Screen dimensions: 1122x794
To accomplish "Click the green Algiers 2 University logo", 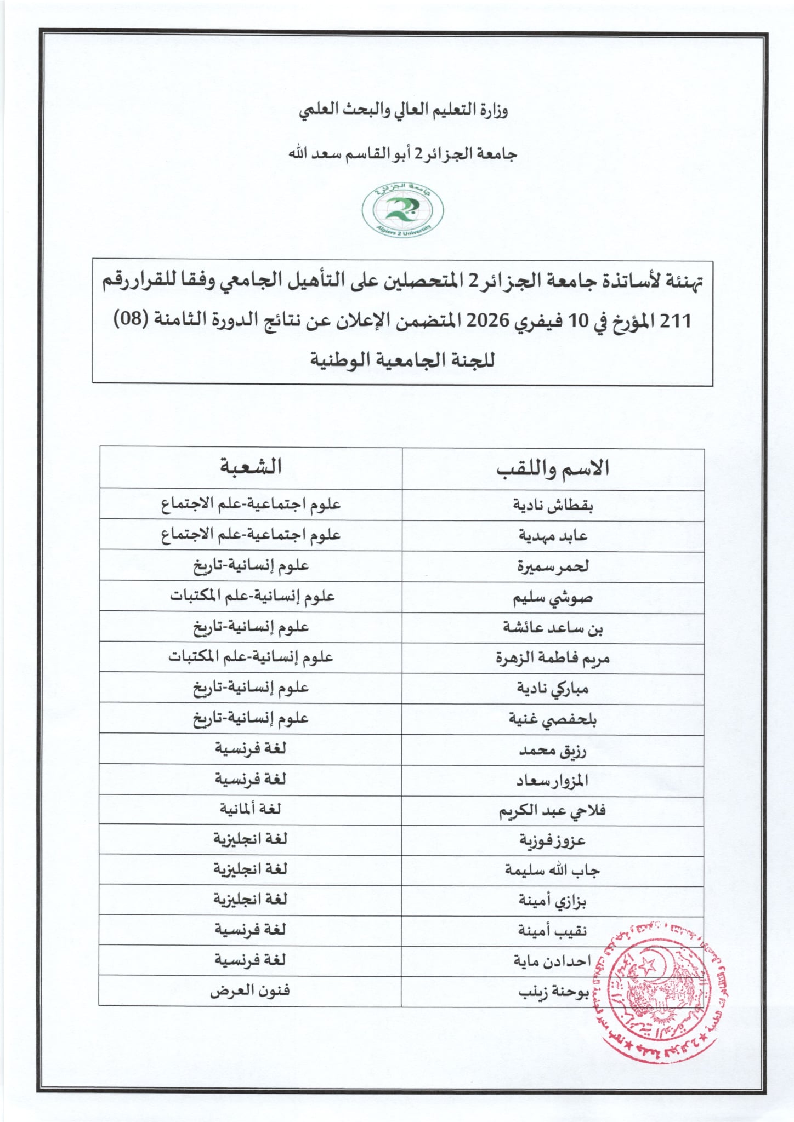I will pyautogui.click(x=402, y=210).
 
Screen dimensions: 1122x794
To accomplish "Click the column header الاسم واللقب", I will pyautogui.click(x=553, y=468).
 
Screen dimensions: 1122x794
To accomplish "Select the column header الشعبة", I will pyautogui.click(x=251, y=467).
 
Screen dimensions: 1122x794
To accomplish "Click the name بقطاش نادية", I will pyautogui.click(x=553, y=505).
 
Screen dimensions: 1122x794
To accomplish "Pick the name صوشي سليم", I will pyautogui.click(x=553, y=597).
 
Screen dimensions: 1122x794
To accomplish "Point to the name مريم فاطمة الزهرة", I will pyautogui.click(x=553, y=657).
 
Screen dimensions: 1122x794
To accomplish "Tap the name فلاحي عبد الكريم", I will pyautogui.click(x=552, y=811).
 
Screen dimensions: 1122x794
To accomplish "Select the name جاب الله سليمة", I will pyautogui.click(x=552, y=871).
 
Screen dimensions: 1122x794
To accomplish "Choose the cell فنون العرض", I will pyautogui.click(x=250, y=991).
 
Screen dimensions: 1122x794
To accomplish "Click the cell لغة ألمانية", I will pyautogui.click(x=250, y=809).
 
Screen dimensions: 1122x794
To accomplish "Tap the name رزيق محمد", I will pyautogui.click(x=553, y=750).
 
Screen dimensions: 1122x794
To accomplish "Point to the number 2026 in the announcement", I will pyautogui.click(x=488, y=320).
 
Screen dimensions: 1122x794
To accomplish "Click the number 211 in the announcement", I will pyautogui.click(x=676, y=320).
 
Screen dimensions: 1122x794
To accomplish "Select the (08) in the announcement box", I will pyautogui.click(x=130, y=319).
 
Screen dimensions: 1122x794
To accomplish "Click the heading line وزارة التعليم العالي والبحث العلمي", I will pyautogui.click(x=403, y=110).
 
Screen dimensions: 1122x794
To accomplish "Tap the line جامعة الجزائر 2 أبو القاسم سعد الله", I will pyautogui.click(x=403, y=154).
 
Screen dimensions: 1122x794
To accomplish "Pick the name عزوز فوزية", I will pyautogui.click(x=553, y=840).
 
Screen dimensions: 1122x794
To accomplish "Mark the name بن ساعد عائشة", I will pyautogui.click(x=553, y=628).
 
